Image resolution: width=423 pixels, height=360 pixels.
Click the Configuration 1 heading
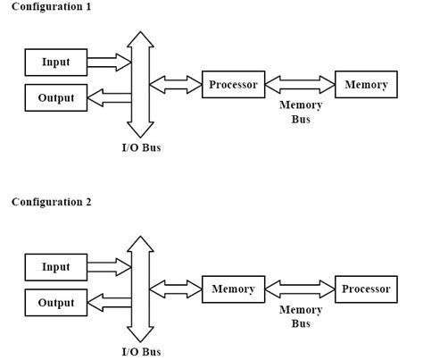click(x=51, y=7)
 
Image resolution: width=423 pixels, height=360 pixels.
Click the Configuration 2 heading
click(x=51, y=202)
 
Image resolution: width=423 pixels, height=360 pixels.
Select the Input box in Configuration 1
click(x=55, y=63)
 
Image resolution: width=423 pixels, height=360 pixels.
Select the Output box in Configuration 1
click(x=55, y=97)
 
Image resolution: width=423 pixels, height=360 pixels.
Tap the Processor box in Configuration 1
click(x=233, y=85)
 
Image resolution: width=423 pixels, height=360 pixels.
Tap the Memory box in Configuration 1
click(x=366, y=85)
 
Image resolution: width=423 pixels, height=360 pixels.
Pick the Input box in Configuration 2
click(x=55, y=267)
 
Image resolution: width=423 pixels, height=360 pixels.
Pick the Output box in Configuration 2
click(x=55, y=303)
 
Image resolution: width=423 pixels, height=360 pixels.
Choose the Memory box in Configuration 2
click(x=233, y=289)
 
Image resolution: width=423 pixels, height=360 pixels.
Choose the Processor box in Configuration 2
click(x=367, y=289)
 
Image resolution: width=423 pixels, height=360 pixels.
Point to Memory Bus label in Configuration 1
click(x=301, y=113)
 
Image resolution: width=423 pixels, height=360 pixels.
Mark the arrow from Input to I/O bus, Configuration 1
click(x=108, y=63)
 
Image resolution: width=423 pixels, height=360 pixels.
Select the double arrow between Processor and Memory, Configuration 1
click(x=299, y=86)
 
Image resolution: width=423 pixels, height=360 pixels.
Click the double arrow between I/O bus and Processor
click(x=176, y=86)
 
